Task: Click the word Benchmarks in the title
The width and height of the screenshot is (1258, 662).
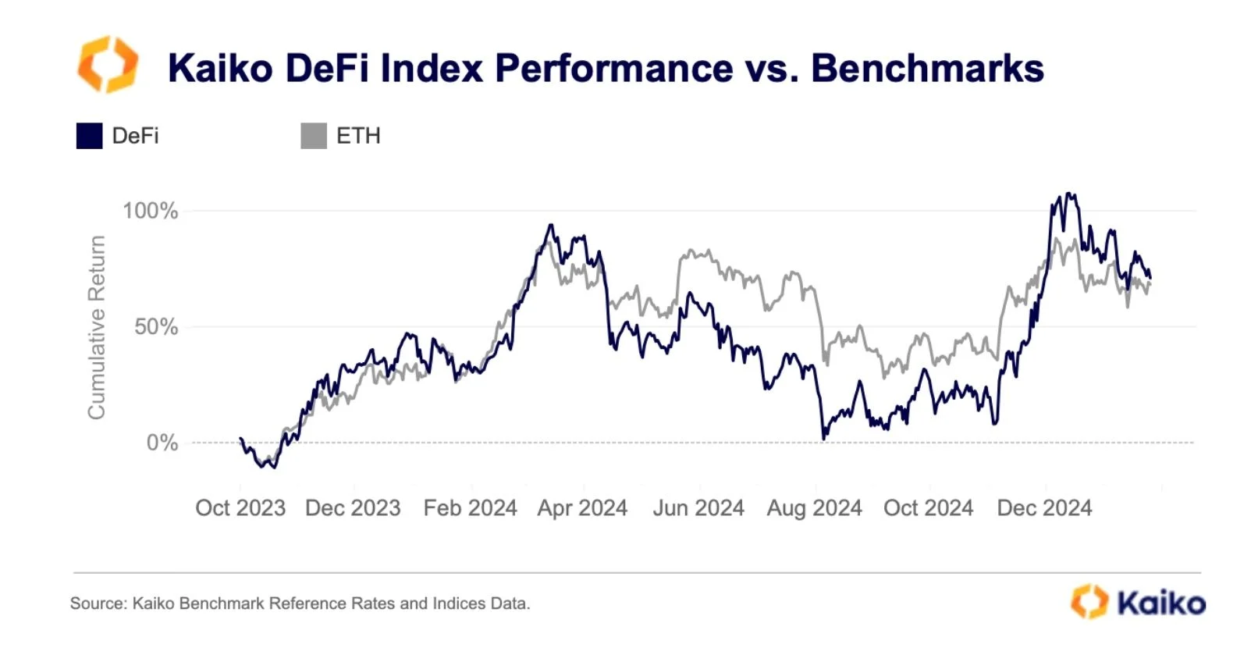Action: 927,68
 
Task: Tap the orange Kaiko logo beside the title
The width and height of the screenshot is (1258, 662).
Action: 108,65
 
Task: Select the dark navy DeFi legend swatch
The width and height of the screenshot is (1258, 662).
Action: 89,136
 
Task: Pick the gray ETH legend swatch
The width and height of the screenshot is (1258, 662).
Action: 314,136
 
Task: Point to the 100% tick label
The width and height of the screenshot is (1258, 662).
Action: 150,211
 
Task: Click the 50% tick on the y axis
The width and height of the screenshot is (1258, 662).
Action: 156,327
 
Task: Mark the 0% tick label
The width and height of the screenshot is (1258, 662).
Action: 162,443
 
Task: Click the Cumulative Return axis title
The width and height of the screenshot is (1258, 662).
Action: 96,327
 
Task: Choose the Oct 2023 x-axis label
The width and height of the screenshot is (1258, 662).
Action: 240,508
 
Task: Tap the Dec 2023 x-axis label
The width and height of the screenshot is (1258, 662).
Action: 353,508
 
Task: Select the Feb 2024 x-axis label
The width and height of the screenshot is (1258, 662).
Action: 470,508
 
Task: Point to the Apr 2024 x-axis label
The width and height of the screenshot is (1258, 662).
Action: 582,508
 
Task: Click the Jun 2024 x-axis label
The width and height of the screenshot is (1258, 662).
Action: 698,508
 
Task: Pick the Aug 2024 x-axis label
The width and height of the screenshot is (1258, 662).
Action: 814,508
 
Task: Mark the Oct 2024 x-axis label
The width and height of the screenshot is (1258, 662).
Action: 928,508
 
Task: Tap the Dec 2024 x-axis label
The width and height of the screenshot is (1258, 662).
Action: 1044,508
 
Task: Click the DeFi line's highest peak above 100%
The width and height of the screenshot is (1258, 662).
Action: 1070,194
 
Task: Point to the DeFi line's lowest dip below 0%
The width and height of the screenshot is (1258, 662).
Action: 273,467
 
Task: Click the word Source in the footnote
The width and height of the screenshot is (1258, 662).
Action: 98,603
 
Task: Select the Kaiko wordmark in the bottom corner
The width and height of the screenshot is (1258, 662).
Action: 1160,603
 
